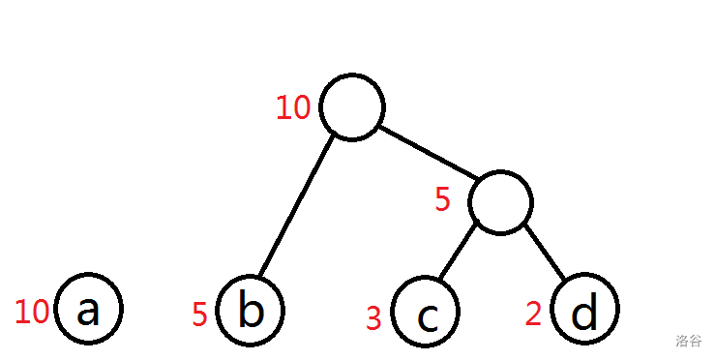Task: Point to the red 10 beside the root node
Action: tap(294, 108)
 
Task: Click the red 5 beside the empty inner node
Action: tap(442, 200)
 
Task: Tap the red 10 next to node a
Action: tap(32, 312)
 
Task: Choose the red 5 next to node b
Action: tap(199, 315)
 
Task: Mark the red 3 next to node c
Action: tap(373, 318)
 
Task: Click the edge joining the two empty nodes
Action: tap(428, 152)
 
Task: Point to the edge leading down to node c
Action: tap(458, 252)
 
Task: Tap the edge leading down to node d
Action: tap(544, 252)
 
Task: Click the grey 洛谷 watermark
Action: tap(688, 341)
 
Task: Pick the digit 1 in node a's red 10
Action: tap(21, 312)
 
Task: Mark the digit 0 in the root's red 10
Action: tap(302, 108)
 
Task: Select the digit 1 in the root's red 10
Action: tap(283, 108)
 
